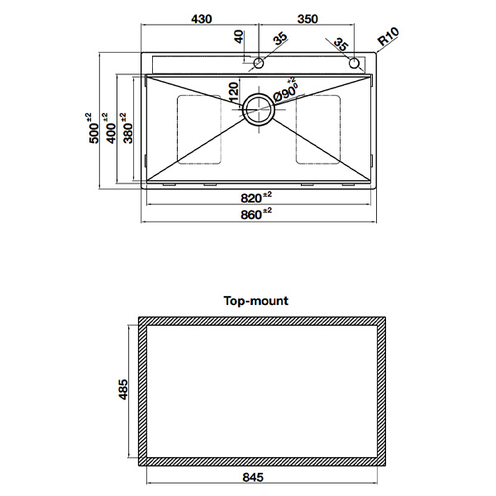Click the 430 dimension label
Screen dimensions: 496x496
coord(202,19)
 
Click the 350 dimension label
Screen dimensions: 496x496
coord(308,19)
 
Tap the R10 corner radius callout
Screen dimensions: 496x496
coord(389,36)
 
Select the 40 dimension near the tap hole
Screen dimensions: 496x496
coord(239,36)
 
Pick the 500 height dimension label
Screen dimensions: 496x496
coord(93,128)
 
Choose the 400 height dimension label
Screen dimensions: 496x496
coord(111,128)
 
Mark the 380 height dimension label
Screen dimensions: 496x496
coord(128,128)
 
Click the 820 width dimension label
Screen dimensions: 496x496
coord(256,198)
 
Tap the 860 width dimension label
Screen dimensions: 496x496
coord(256,214)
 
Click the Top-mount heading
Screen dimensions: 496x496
coord(256,301)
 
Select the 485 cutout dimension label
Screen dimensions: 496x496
coord(122,389)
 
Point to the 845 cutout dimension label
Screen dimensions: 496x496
coord(253,477)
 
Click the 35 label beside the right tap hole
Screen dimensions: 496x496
coord(341,45)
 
